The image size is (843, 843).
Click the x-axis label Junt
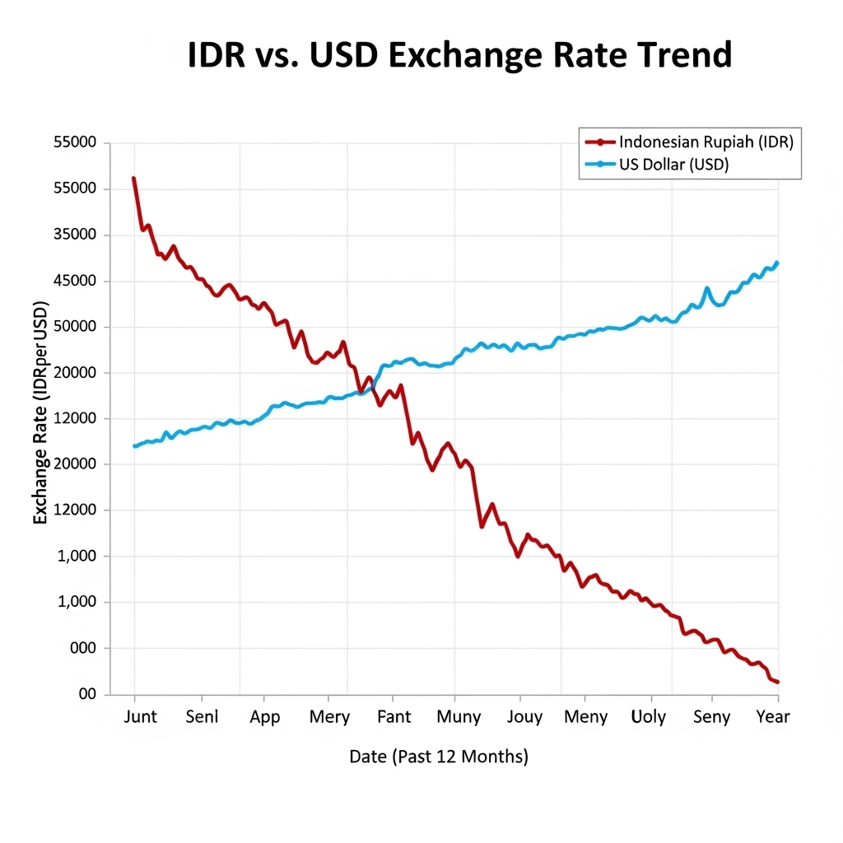point(140,717)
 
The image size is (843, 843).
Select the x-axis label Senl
point(202,717)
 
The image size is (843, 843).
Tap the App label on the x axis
point(264,717)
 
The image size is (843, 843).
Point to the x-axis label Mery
point(329,717)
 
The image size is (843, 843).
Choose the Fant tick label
point(394,717)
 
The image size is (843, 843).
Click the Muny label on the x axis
point(459,717)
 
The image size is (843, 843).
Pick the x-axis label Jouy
point(524,717)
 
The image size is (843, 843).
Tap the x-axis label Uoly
point(648,717)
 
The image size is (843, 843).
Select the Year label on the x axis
point(772,717)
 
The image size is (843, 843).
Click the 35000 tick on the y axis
point(75,235)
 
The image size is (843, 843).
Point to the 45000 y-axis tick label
point(75,281)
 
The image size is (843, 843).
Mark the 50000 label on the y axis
point(75,327)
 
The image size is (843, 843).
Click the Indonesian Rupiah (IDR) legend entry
point(706,142)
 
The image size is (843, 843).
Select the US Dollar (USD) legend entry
point(673,165)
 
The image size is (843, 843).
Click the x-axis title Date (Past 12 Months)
point(438,757)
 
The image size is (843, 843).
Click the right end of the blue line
point(777,263)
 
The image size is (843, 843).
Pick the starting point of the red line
point(133,178)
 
